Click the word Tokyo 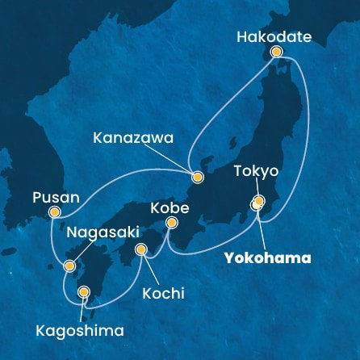point(256,171)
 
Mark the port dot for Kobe point(172,231)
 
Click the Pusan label point(55,196)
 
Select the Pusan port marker point(55,212)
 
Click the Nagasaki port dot point(70,265)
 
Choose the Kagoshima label point(80,330)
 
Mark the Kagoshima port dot point(83,292)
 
